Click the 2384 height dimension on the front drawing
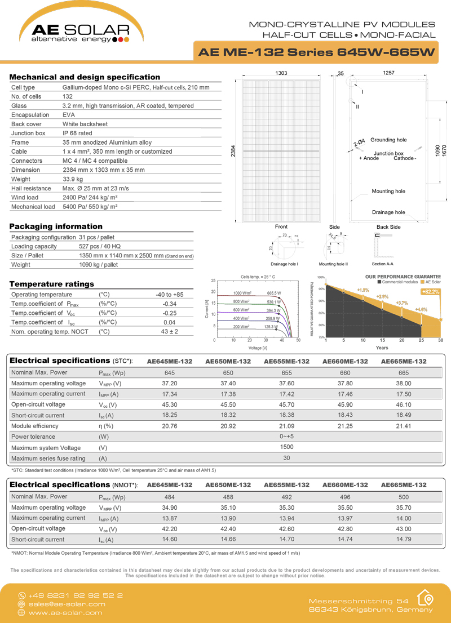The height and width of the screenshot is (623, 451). pos(233,151)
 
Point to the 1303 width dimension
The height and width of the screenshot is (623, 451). pos(281,74)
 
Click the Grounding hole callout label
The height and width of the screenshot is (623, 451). pos(388,140)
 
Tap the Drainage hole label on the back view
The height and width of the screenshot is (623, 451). pos(388,212)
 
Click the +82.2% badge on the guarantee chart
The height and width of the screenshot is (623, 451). pos(431,292)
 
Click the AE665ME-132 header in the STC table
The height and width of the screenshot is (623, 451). pos(404,361)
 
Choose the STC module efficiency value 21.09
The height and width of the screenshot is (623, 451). pos(286,426)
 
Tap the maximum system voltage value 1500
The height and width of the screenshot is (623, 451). pos(286,447)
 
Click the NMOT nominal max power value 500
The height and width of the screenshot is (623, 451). pos(404,497)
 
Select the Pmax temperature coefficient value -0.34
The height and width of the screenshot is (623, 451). pos(170,304)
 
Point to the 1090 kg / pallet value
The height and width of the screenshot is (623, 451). pos(98,265)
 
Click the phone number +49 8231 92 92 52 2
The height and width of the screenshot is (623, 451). pos(76,595)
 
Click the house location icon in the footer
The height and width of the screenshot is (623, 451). pos(425,598)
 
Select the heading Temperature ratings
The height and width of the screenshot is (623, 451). pos(52,284)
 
